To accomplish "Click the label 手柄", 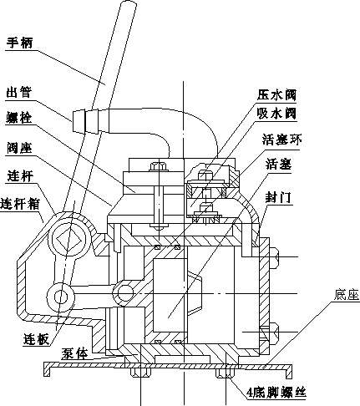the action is [19, 43].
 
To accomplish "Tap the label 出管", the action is [19, 92].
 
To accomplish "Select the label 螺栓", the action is [19, 118].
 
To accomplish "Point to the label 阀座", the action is [19, 148].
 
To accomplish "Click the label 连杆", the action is [20, 176].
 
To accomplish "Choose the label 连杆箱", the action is [20, 204].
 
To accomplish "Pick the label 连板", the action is [37, 339].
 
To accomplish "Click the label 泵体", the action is [74, 353].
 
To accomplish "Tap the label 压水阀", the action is [276, 94].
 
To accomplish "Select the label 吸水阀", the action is [276, 114].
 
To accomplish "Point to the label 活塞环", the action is [281, 140].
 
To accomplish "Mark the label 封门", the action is [277, 197].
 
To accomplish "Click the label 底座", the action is [347, 295].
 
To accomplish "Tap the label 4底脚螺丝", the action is [276, 393].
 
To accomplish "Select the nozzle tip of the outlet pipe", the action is [79, 121].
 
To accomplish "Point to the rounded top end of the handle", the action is [129, 5].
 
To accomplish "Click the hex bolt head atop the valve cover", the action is [159, 166].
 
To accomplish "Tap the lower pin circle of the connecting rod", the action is [61, 297].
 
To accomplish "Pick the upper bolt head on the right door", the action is [274, 257].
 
